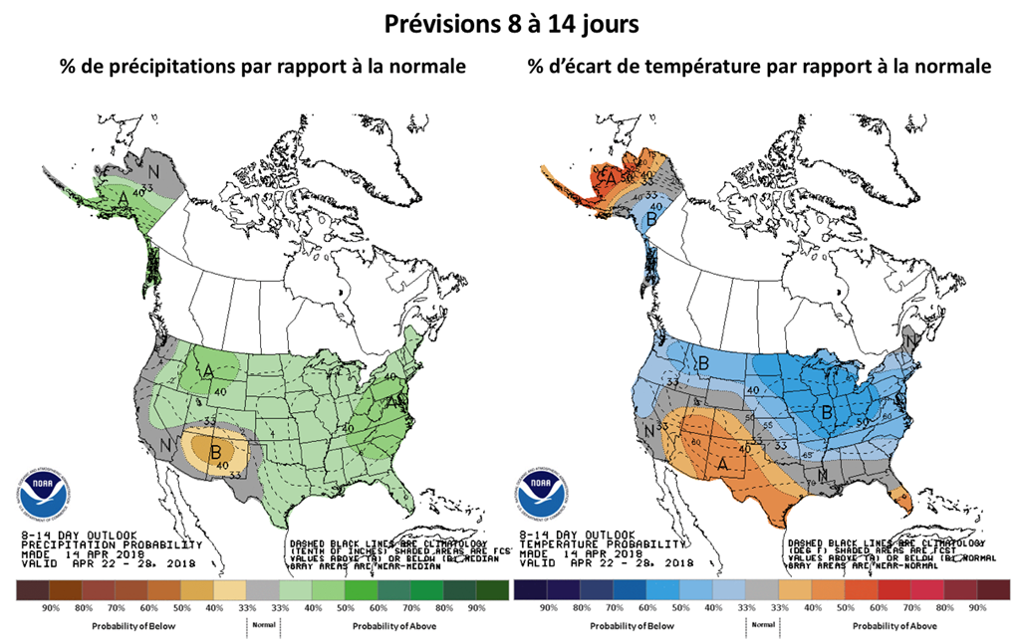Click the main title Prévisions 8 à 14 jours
tap(510, 24)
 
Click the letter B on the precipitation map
tap(214, 450)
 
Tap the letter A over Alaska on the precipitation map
tap(122, 199)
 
